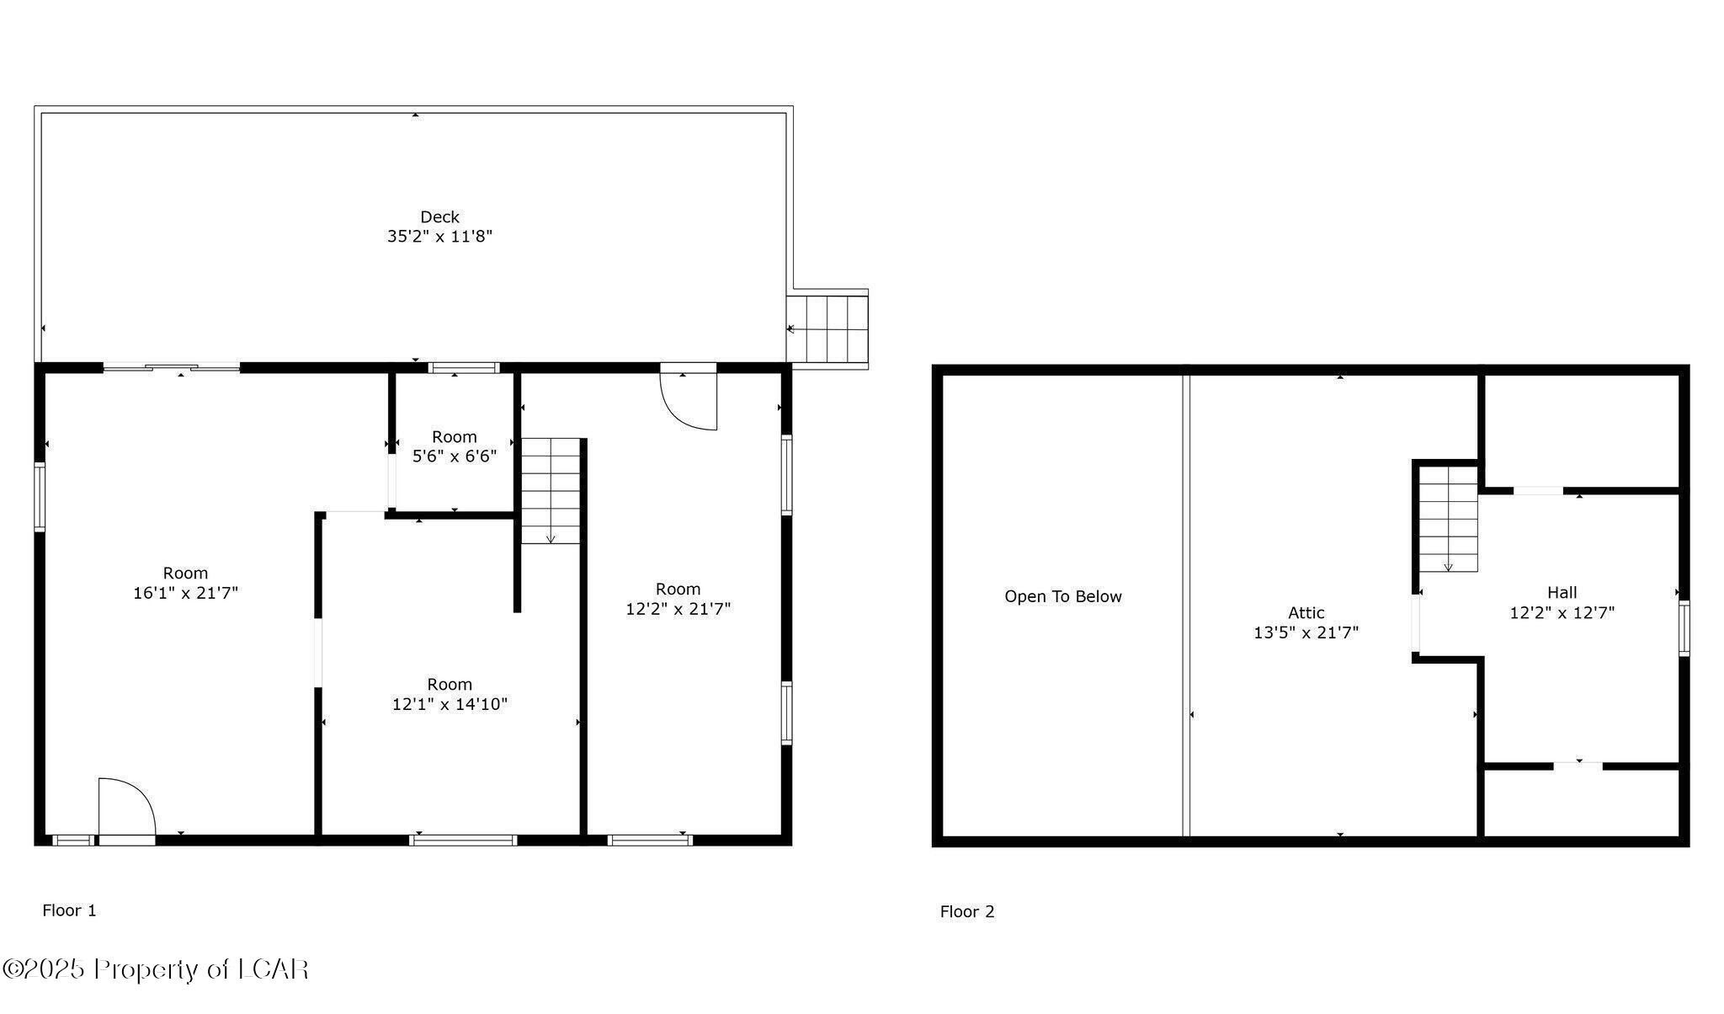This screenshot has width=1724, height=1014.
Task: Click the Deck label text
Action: tap(439, 217)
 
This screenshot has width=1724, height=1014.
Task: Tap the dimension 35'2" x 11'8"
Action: tap(439, 237)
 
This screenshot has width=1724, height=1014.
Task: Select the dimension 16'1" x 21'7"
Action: tap(185, 593)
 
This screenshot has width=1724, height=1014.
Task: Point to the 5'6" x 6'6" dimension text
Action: tap(454, 456)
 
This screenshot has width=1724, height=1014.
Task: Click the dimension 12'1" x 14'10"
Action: tap(450, 704)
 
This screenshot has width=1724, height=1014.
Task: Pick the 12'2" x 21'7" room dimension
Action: tap(678, 609)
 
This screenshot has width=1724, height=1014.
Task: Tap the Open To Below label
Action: tap(1062, 597)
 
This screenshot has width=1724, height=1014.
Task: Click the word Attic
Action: tap(1306, 613)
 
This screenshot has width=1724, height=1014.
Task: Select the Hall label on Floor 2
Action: tap(1562, 593)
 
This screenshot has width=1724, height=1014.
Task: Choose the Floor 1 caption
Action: tap(69, 910)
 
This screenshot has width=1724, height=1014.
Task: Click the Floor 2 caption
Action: tap(967, 912)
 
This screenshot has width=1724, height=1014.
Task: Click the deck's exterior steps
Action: tap(828, 328)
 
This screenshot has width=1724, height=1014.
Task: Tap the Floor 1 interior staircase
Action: tap(551, 490)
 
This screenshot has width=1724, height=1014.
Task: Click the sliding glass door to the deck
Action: tap(172, 367)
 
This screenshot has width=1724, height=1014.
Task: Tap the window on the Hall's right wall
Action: tap(1684, 628)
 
